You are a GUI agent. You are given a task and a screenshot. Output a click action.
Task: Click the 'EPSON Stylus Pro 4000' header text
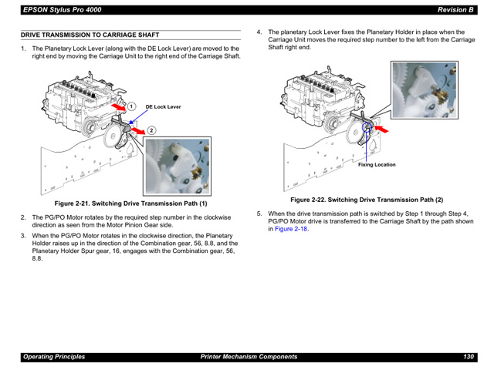[x=61, y=9]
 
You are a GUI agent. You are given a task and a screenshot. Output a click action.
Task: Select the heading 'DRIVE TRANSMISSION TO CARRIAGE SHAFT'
[x=90, y=35]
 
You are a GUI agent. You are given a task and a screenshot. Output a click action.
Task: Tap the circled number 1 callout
[x=132, y=106]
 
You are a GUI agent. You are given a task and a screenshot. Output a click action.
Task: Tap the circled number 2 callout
[x=152, y=130]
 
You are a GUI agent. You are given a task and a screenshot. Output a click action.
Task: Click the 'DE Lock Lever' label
[x=163, y=107]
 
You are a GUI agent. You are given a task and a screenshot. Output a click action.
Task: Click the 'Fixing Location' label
[x=377, y=164]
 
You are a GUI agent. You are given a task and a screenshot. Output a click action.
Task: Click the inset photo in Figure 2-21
[x=178, y=166]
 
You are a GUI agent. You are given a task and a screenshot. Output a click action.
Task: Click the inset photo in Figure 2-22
[x=424, y=91]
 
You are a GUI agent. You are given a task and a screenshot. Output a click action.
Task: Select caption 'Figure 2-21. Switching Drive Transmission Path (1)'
[x=130, y=203]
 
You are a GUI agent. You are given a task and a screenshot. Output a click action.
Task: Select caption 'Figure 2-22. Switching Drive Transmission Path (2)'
[x=366, y=200]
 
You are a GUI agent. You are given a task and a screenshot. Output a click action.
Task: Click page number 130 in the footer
[x=468, y=357]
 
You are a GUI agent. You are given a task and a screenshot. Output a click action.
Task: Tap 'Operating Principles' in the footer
[x=54, y=357]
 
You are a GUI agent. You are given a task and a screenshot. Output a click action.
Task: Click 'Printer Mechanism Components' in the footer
[x=249, y=357]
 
